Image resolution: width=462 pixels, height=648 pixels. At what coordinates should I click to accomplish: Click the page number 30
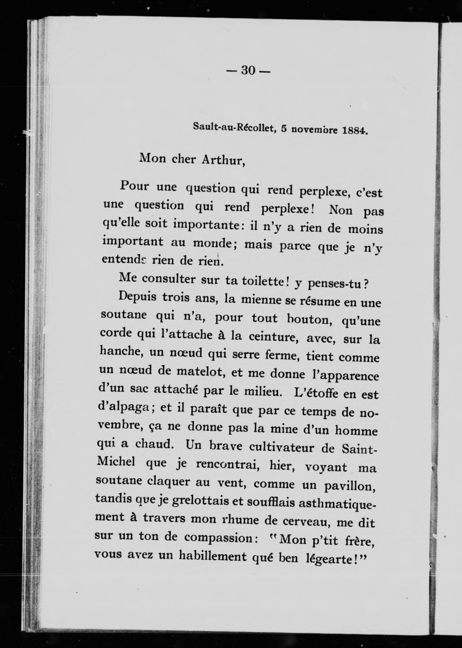[248, 70]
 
